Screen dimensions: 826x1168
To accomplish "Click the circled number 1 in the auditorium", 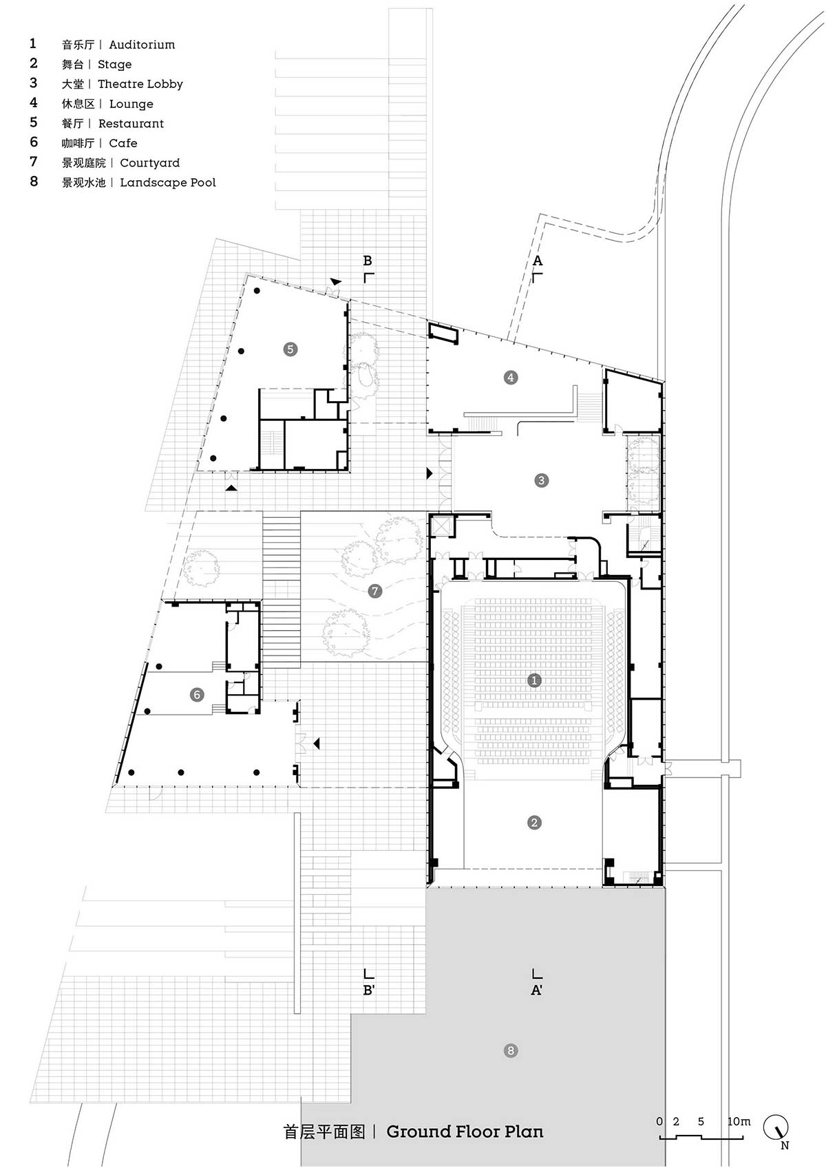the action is (533, 680).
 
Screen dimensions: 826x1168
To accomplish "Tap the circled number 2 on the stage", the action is (533, 823).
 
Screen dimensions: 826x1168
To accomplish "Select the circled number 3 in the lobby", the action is (541, 480).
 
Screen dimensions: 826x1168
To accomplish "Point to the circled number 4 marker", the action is (510, 377).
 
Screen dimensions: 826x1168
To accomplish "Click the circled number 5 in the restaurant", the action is (290, 349).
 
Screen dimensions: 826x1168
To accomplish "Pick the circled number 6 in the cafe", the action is (197, 695).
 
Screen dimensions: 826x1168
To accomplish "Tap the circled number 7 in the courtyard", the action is (374, 591).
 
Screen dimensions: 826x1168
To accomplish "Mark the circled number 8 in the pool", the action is (510, 1050).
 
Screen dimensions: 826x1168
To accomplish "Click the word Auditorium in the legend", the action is (142, 45).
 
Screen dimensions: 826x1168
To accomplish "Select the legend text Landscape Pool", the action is (167, 182).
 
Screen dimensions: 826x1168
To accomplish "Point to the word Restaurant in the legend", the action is (131, 124).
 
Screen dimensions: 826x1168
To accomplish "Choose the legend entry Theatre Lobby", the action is (140, 84).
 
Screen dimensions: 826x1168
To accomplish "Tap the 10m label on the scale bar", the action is (739, 1121).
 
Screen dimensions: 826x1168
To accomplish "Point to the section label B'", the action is (369, 990).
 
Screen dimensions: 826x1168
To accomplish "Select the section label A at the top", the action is (537, 260).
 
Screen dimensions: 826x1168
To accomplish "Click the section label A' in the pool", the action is (536, 990).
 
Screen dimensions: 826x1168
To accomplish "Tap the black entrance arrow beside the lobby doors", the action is (430, 473).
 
